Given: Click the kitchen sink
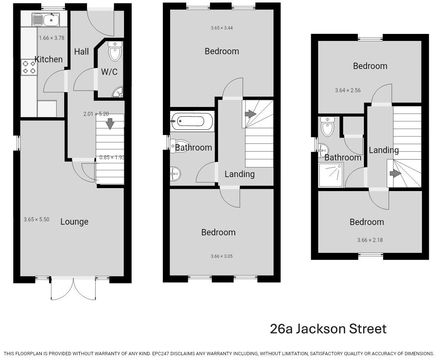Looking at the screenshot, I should (x=45, y=20).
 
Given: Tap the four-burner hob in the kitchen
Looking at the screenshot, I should (x=29, y=67).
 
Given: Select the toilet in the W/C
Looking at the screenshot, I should (x=115, y=51).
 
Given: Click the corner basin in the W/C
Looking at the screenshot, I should (x=118, y=92).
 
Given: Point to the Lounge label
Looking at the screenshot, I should (x=74, y=222).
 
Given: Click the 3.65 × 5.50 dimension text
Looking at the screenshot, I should (x=36, y=219).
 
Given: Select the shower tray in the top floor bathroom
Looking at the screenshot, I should (x=331, y=174).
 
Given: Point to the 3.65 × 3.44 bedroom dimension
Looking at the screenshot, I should (x=221, y=28).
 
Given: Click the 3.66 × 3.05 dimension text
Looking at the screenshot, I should (x=221, y=256).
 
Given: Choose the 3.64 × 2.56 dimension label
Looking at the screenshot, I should (x=348, y=90).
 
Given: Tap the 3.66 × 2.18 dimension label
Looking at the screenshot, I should (x=370, y=240).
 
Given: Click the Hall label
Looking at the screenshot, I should (x=81, y=52).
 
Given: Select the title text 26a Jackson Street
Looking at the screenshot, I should (x=328, y=329).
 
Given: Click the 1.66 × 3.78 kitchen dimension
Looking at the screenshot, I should (x=52, y=38).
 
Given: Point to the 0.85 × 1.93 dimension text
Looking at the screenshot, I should (x=112, y=157).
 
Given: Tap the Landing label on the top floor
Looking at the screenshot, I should (x=383, y=150).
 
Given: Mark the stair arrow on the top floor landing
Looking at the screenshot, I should (x=395, y=173).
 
